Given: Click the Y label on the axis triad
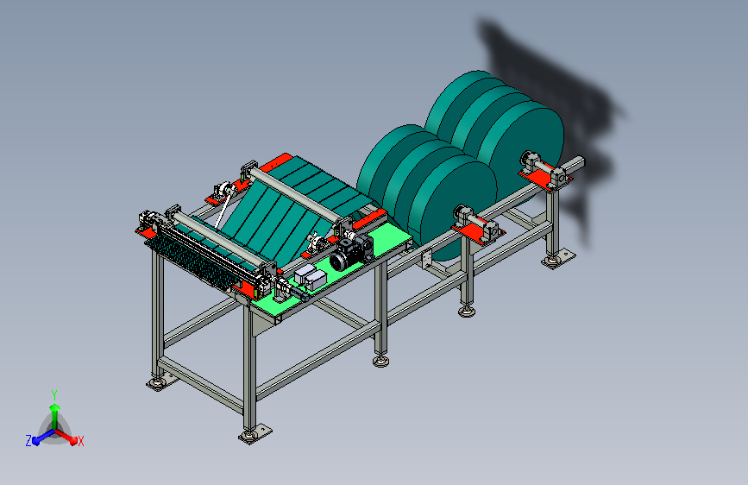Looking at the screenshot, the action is coord(54,395).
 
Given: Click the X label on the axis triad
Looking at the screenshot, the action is coord(80,441).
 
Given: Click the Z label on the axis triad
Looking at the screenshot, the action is coord(28,441).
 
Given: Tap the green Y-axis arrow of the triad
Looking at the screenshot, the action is coord(55,417).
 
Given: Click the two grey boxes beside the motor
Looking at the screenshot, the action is coord(310,278).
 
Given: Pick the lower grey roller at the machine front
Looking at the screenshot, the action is coord(218,239).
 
